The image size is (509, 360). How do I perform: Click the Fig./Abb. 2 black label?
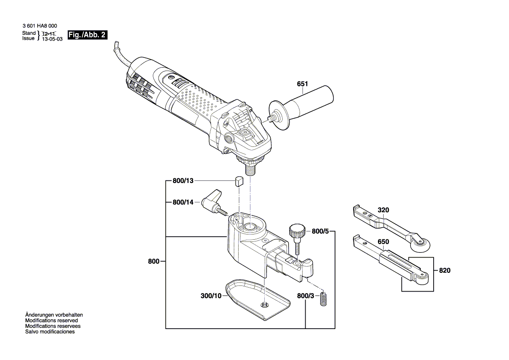pos(87,35)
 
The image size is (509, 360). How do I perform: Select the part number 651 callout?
pos(302,84)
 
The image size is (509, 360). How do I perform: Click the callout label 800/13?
pos(182,181)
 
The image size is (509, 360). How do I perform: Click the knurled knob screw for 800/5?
pos(296,230)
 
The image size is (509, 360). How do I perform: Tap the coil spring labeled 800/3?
pos(324,299)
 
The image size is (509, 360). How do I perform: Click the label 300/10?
pos(211,296)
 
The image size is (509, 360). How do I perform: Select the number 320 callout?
pos(383,210)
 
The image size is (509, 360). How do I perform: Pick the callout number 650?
pos(383,241)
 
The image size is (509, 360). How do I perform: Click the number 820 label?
pos(445,270)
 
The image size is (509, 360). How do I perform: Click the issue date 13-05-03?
pos(52,39)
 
